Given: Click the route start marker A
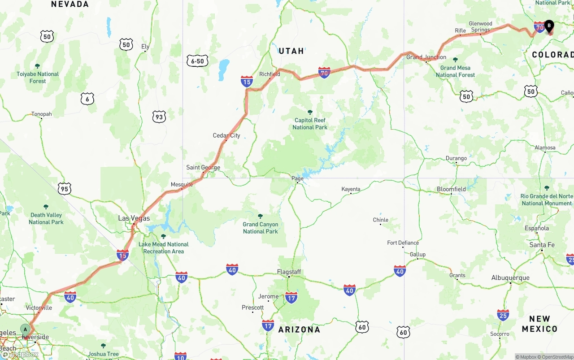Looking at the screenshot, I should pos(26,330).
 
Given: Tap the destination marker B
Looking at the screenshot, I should pos(549,26).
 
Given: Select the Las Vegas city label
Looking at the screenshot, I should pos(134,218).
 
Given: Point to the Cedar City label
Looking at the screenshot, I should pos(226,135).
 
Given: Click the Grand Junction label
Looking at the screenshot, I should pos(426,57).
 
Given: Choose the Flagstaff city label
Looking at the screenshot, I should pos(289,272).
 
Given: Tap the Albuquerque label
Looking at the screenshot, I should pos(510,278).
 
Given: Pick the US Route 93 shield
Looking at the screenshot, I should pos(159,117).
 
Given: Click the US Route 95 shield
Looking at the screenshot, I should pos(65,189).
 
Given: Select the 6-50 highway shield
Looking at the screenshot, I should pos(197,61).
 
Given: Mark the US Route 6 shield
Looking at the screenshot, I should pos(87,99).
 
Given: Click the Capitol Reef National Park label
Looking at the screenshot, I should pos(310,123).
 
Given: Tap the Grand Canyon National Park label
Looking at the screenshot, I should pos(261,228).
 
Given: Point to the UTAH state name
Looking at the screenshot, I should pos(291,51).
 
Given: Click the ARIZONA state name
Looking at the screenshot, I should pos(299,330).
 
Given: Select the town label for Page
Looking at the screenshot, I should pos(297,178).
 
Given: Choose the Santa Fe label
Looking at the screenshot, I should pos(542,245).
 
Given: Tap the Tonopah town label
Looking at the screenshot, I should pos(41,114).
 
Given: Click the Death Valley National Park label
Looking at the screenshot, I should pos(46,218).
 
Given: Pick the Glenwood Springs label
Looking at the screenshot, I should pos(480,27).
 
